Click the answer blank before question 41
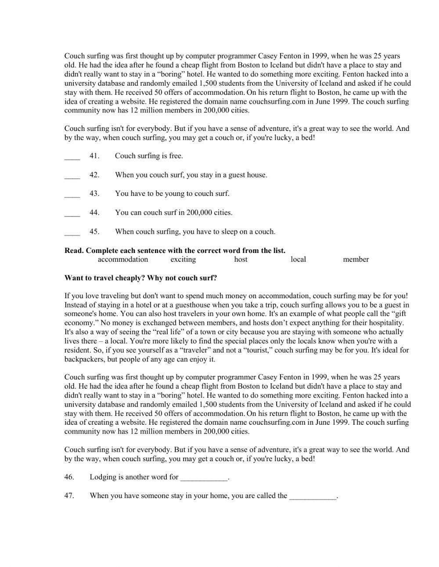[x=72, y=157]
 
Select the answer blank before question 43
[x=72, y=195]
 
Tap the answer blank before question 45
[x=72, y=233]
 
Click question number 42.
[x=94, y=175]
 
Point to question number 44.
[x=94, y=213]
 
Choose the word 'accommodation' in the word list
[x=123, y=260]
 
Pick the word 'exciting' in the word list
[x=183, y=260]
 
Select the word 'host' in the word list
[x=241, y=260]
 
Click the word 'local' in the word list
[x=298, y=260]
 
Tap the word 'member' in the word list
[x=356, y=260]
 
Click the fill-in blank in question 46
[x=204, y=478]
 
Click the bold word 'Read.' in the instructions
[x=74, y=251]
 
